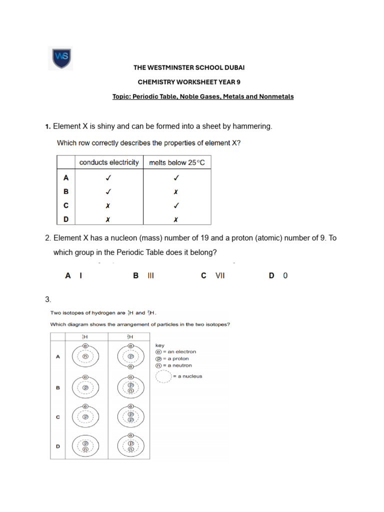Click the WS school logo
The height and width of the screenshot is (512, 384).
click(60, 58)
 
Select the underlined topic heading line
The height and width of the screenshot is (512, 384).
click(203, 96)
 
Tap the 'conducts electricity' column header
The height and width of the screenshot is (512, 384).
click(109, 162)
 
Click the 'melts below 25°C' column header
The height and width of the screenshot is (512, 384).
click(177, 162)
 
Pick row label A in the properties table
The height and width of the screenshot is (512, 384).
click(66, 177)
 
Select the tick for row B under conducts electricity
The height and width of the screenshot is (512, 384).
click(108, 191)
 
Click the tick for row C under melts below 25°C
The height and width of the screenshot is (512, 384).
click(176, 205)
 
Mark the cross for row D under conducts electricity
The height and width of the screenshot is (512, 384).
click(108, 219)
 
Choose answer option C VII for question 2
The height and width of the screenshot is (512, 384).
click(213, 275)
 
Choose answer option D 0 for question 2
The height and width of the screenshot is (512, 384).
click(278, 275)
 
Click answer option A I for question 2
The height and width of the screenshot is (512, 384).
click(73, 275)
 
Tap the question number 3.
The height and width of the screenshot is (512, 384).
click(48, 299)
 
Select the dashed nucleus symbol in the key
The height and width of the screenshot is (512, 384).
click(163, 376)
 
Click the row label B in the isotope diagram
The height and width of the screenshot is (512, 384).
click(57, 387)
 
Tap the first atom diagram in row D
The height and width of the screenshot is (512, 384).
click(85, 446)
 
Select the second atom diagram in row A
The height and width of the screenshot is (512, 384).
click(130, 356)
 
